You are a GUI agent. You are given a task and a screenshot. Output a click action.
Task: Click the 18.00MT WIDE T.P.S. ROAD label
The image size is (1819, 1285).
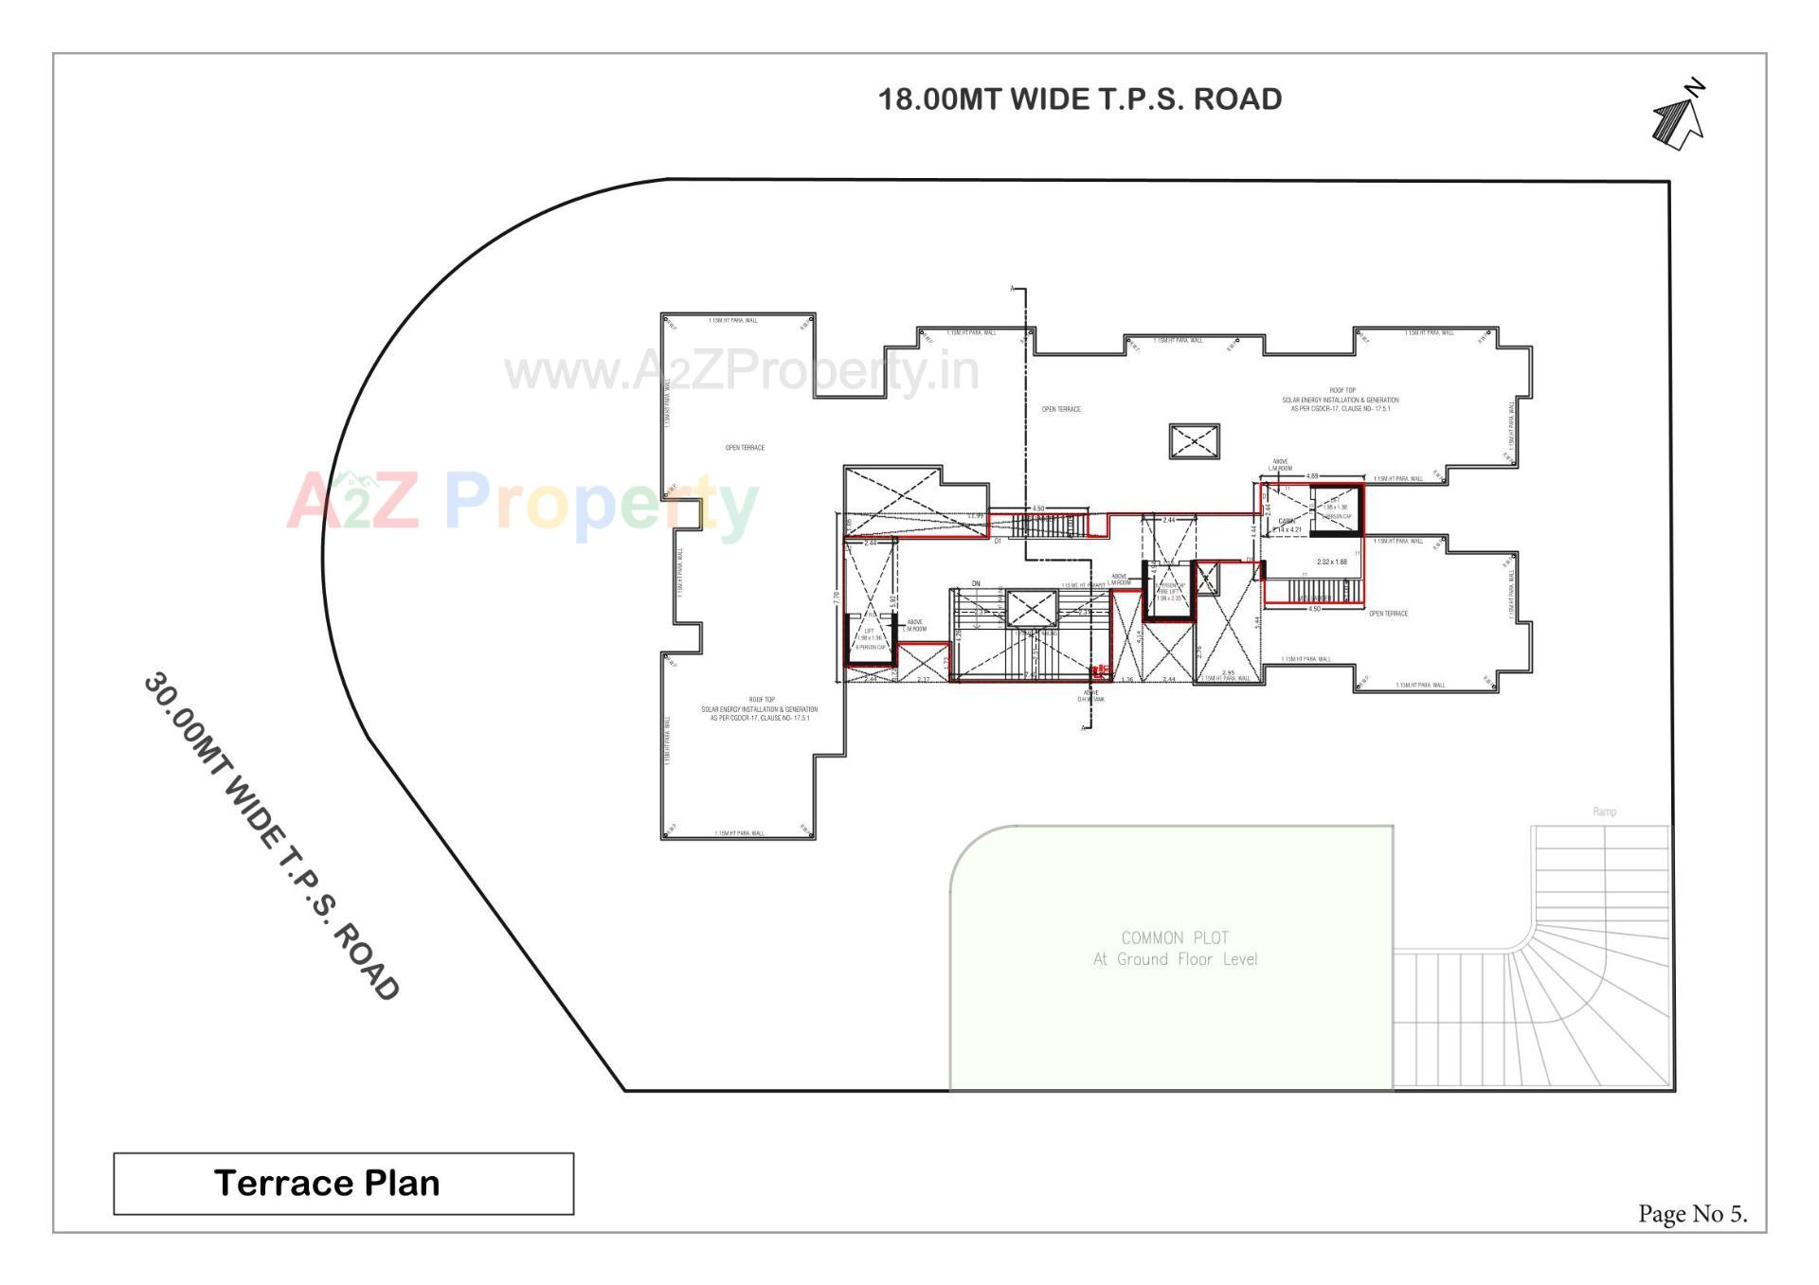click(x=1080, y=99)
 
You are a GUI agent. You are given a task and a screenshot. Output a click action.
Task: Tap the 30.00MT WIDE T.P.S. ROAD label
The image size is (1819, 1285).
click(x=271, y=837)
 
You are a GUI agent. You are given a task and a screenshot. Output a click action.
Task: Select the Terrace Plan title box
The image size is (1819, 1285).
click(x=343, y=1183)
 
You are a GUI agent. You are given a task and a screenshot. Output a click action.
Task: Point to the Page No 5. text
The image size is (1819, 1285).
click(x=1692, y=1214)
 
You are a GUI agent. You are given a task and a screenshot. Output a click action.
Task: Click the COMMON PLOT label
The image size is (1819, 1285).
click(x=1175, y=937)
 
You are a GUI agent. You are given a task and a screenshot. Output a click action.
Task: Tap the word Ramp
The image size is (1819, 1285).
click(x=1604, y=812)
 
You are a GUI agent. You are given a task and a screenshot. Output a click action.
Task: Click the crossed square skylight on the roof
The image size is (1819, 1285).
click(x=1194, y=441)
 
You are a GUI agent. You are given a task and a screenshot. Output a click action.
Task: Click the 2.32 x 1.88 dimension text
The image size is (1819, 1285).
click(x=1331, y=562)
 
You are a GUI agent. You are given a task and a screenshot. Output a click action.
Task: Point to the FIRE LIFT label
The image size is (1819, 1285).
click(x=1168, y=592)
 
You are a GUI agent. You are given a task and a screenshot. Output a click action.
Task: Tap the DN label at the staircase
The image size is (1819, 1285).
click(x=976, y=584)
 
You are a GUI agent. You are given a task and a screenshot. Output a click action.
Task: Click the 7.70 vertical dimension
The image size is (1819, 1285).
click(x=836, y=598)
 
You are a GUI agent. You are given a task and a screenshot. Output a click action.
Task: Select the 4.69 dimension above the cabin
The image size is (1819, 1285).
click(x=1312, y=476)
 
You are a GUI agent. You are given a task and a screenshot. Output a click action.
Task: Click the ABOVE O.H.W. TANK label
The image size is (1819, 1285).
click(x=1091, y=696)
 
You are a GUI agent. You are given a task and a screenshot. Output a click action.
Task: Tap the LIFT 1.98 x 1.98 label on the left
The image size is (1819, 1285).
click(x=870, y=634)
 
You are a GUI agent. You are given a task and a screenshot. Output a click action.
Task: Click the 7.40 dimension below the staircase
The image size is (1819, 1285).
click(x=1029, y=676)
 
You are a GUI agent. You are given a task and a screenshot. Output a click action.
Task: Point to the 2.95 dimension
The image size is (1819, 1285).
click(x=1228, y=673)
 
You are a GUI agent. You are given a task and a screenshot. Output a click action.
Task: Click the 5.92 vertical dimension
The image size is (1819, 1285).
click(x=893, y=599)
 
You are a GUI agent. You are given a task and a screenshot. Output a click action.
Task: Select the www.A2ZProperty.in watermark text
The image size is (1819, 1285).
click(x=741, y=371)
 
